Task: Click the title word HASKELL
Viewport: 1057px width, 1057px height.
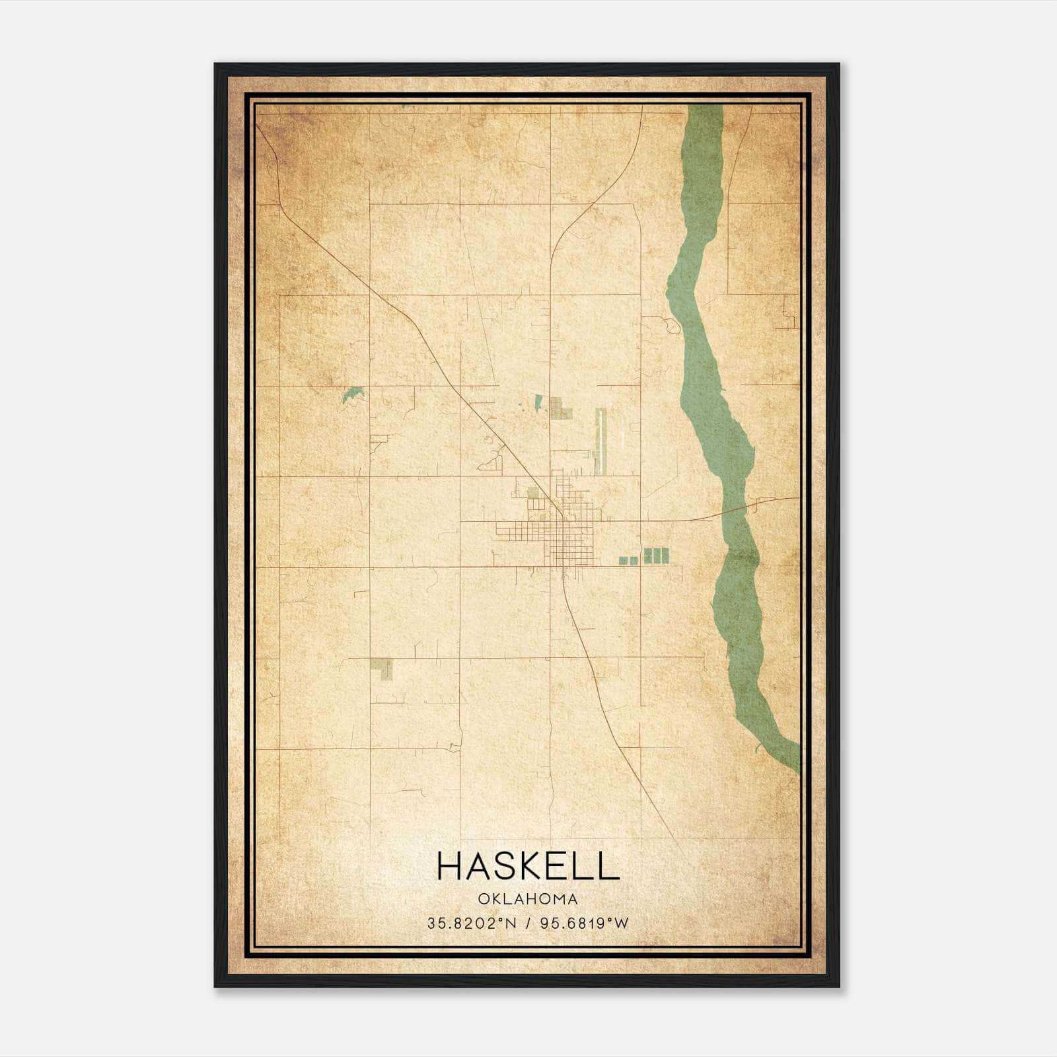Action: [528, 866]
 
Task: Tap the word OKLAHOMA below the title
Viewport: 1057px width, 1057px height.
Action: [528, 899]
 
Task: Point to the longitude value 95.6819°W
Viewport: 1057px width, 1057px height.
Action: [585, 924]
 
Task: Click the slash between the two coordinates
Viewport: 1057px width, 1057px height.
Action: [528, 924]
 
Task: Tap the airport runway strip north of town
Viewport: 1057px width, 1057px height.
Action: [600, 441]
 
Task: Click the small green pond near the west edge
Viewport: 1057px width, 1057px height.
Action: [352, 394]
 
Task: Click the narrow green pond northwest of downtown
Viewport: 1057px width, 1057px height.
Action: [538, 404]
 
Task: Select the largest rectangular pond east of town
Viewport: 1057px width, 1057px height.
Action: [657, 555]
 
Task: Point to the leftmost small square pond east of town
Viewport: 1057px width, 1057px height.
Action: [622, 560]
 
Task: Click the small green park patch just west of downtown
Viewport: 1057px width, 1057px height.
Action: [533, 492]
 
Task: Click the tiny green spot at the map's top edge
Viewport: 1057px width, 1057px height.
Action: [406, 106]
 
